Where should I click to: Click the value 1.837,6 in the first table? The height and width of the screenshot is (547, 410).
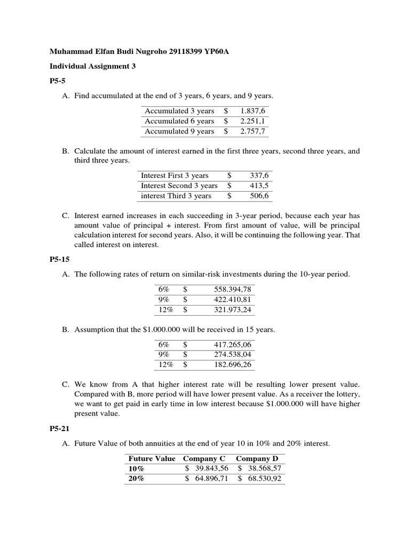(253, 111)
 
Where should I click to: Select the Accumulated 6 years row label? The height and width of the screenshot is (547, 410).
(179, 121)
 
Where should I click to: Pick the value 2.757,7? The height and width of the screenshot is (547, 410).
(253, 131)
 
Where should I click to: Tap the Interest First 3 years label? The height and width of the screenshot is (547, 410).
(175, 175)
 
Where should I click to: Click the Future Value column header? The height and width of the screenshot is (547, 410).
(152, 459)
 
